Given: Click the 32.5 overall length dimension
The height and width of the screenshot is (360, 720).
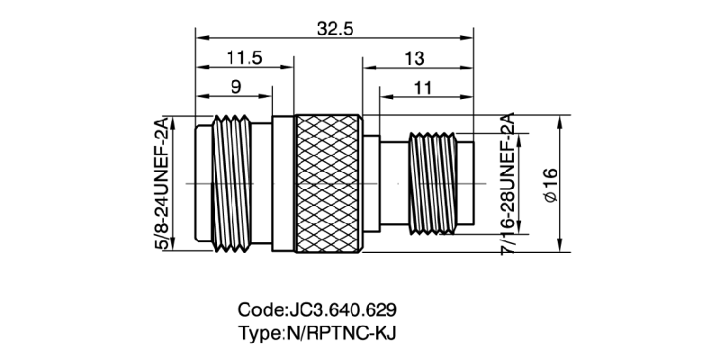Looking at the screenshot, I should (x=334, y=29).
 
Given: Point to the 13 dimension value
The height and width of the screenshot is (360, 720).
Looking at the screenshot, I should (x=415, y=58).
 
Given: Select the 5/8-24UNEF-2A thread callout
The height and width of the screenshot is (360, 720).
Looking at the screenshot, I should (x=164, y=184).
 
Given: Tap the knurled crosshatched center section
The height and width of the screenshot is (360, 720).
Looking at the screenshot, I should (x=329, y=184).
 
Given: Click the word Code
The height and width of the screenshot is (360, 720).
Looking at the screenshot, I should (x=259, y=310).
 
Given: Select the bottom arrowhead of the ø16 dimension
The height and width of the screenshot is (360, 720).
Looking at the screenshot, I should (x=562, y=250).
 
